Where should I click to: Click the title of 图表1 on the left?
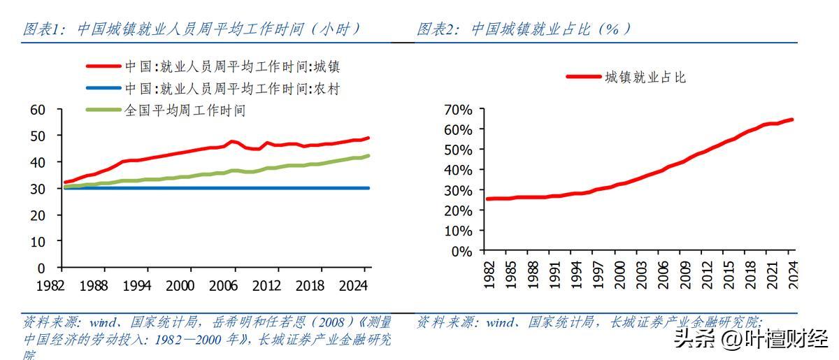coord(192,29)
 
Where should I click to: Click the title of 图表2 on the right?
coord(524,29)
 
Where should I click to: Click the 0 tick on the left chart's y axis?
coord(41,268)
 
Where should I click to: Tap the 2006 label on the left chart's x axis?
coord(224,285)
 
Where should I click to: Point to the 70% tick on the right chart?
coord(458,110)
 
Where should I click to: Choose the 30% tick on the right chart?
coord(458,190)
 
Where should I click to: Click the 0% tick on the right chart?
coord(461,251)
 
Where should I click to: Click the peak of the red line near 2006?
coord(232,141)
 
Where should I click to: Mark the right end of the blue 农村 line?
coord(368,188)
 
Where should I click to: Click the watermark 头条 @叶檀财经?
coord(750,340)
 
